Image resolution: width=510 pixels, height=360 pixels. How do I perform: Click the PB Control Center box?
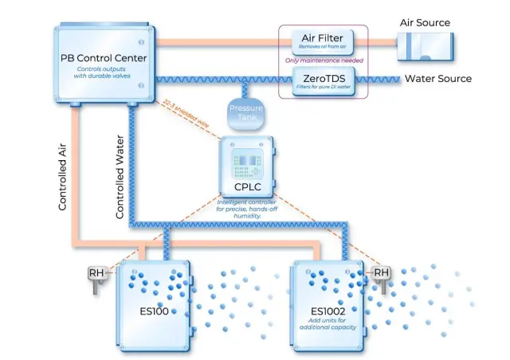104,64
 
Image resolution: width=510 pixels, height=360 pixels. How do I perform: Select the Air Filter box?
323,40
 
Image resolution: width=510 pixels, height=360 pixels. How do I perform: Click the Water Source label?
437,79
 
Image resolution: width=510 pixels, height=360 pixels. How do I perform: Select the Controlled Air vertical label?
63,176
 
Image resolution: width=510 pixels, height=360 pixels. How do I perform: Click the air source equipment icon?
426,44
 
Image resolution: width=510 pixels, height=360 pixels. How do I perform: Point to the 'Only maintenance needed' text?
323,61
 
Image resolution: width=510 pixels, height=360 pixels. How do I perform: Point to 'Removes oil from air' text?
323,47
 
